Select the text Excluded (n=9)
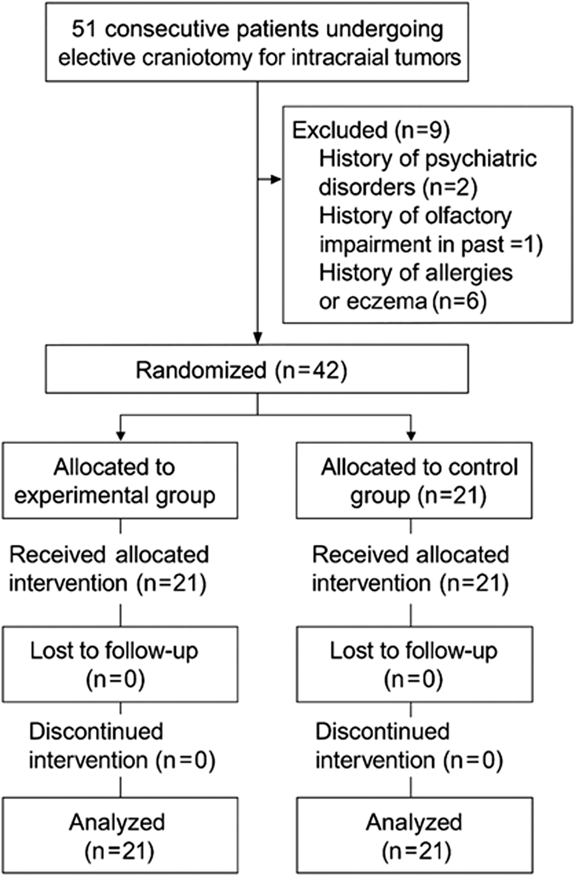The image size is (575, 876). pos(371,130)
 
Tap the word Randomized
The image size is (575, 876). pos(201,370)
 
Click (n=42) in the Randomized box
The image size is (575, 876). pos(311,370)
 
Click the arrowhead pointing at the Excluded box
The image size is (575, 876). pos(276,180)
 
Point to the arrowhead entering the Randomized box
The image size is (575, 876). pos(258,338)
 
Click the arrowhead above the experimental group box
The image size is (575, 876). pos(121,436)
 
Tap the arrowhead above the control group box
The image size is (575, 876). pos(411,436)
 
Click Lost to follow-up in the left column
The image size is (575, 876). pos(114,651)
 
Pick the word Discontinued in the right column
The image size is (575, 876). pos(382,732)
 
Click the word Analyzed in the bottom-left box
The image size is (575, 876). pos(117,822)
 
